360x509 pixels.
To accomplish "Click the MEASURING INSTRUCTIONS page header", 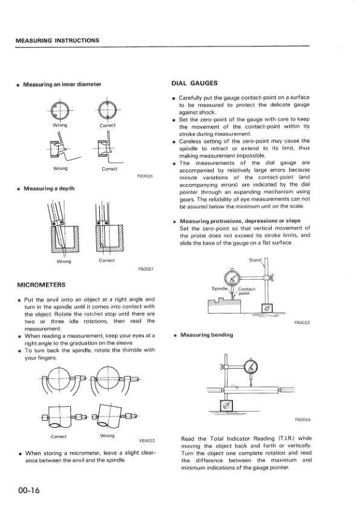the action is [57, 41].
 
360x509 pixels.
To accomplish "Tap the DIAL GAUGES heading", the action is [194, 83].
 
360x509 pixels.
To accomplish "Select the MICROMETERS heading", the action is [41, 285].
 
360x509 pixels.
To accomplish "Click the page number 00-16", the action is [29, 490].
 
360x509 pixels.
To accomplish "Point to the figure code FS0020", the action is [145, 176].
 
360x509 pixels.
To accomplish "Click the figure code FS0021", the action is [146, 269].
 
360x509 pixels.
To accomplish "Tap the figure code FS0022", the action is [147, 441].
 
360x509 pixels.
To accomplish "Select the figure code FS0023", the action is [302, 323].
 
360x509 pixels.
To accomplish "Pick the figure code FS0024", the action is [303, 420].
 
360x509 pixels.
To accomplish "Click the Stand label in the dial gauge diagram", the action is [255, 260].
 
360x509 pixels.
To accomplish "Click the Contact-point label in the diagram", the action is [247, 291].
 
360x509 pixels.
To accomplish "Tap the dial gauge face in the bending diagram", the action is [251, 367].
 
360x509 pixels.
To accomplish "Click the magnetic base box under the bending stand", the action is [226, 405].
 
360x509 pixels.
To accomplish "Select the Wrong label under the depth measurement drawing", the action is [64, 261].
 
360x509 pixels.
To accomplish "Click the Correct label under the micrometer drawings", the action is [59, 436].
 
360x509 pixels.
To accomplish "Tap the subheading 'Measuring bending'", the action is [207, 335].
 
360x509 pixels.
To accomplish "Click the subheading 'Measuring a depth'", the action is [49, 189].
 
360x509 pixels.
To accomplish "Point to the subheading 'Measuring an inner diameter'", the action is [62, 84].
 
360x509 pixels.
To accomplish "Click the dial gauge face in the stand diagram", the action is [232, 278].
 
